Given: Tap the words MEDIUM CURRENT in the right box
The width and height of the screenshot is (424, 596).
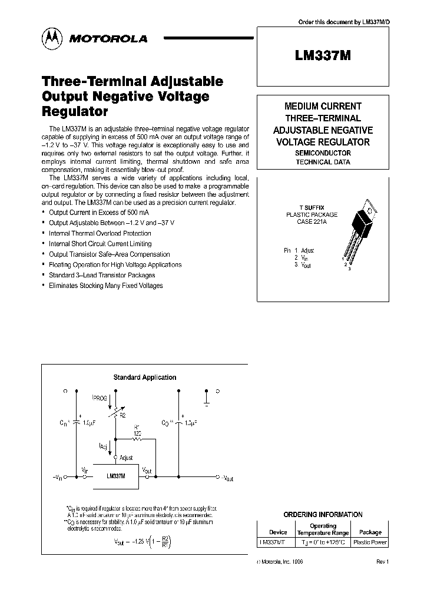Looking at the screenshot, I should (x=323, y=107).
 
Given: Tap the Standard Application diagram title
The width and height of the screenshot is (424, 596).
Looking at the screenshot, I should (x=144, y=378).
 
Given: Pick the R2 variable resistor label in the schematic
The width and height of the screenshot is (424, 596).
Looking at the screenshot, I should (x=122, y=415).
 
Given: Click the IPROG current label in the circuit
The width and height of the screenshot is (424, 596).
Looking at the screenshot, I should (x=100, y=399).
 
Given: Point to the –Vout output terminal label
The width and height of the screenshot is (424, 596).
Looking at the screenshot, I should (x=225, y=478).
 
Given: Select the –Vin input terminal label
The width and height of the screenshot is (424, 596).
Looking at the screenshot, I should (x=58, y=478).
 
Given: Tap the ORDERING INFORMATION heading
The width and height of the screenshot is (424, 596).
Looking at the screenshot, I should (x=323, y=514).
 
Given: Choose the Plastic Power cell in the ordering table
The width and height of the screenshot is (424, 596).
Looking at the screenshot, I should (x=370, y=542).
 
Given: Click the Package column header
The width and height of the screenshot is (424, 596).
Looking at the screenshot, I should (x=370, y=532).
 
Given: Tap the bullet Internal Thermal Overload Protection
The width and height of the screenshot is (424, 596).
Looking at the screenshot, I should (x=100, y=233).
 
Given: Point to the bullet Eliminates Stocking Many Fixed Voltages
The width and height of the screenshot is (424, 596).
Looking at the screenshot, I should (x=105, y=286).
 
